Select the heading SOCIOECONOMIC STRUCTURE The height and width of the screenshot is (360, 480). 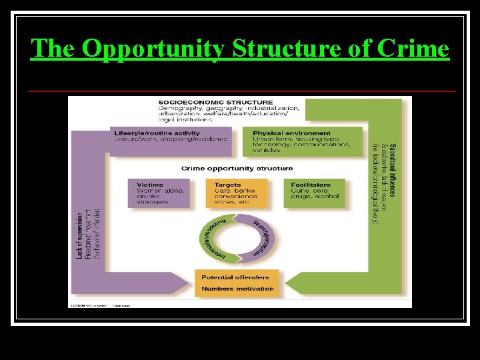[x=206, y=102]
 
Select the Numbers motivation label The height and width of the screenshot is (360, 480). [x=237, y=289]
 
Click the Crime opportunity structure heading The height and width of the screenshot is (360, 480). [x=237, y=169]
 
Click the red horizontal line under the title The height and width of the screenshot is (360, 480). [x=243, y=90]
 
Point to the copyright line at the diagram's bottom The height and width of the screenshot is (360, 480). [x=100, y=305]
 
